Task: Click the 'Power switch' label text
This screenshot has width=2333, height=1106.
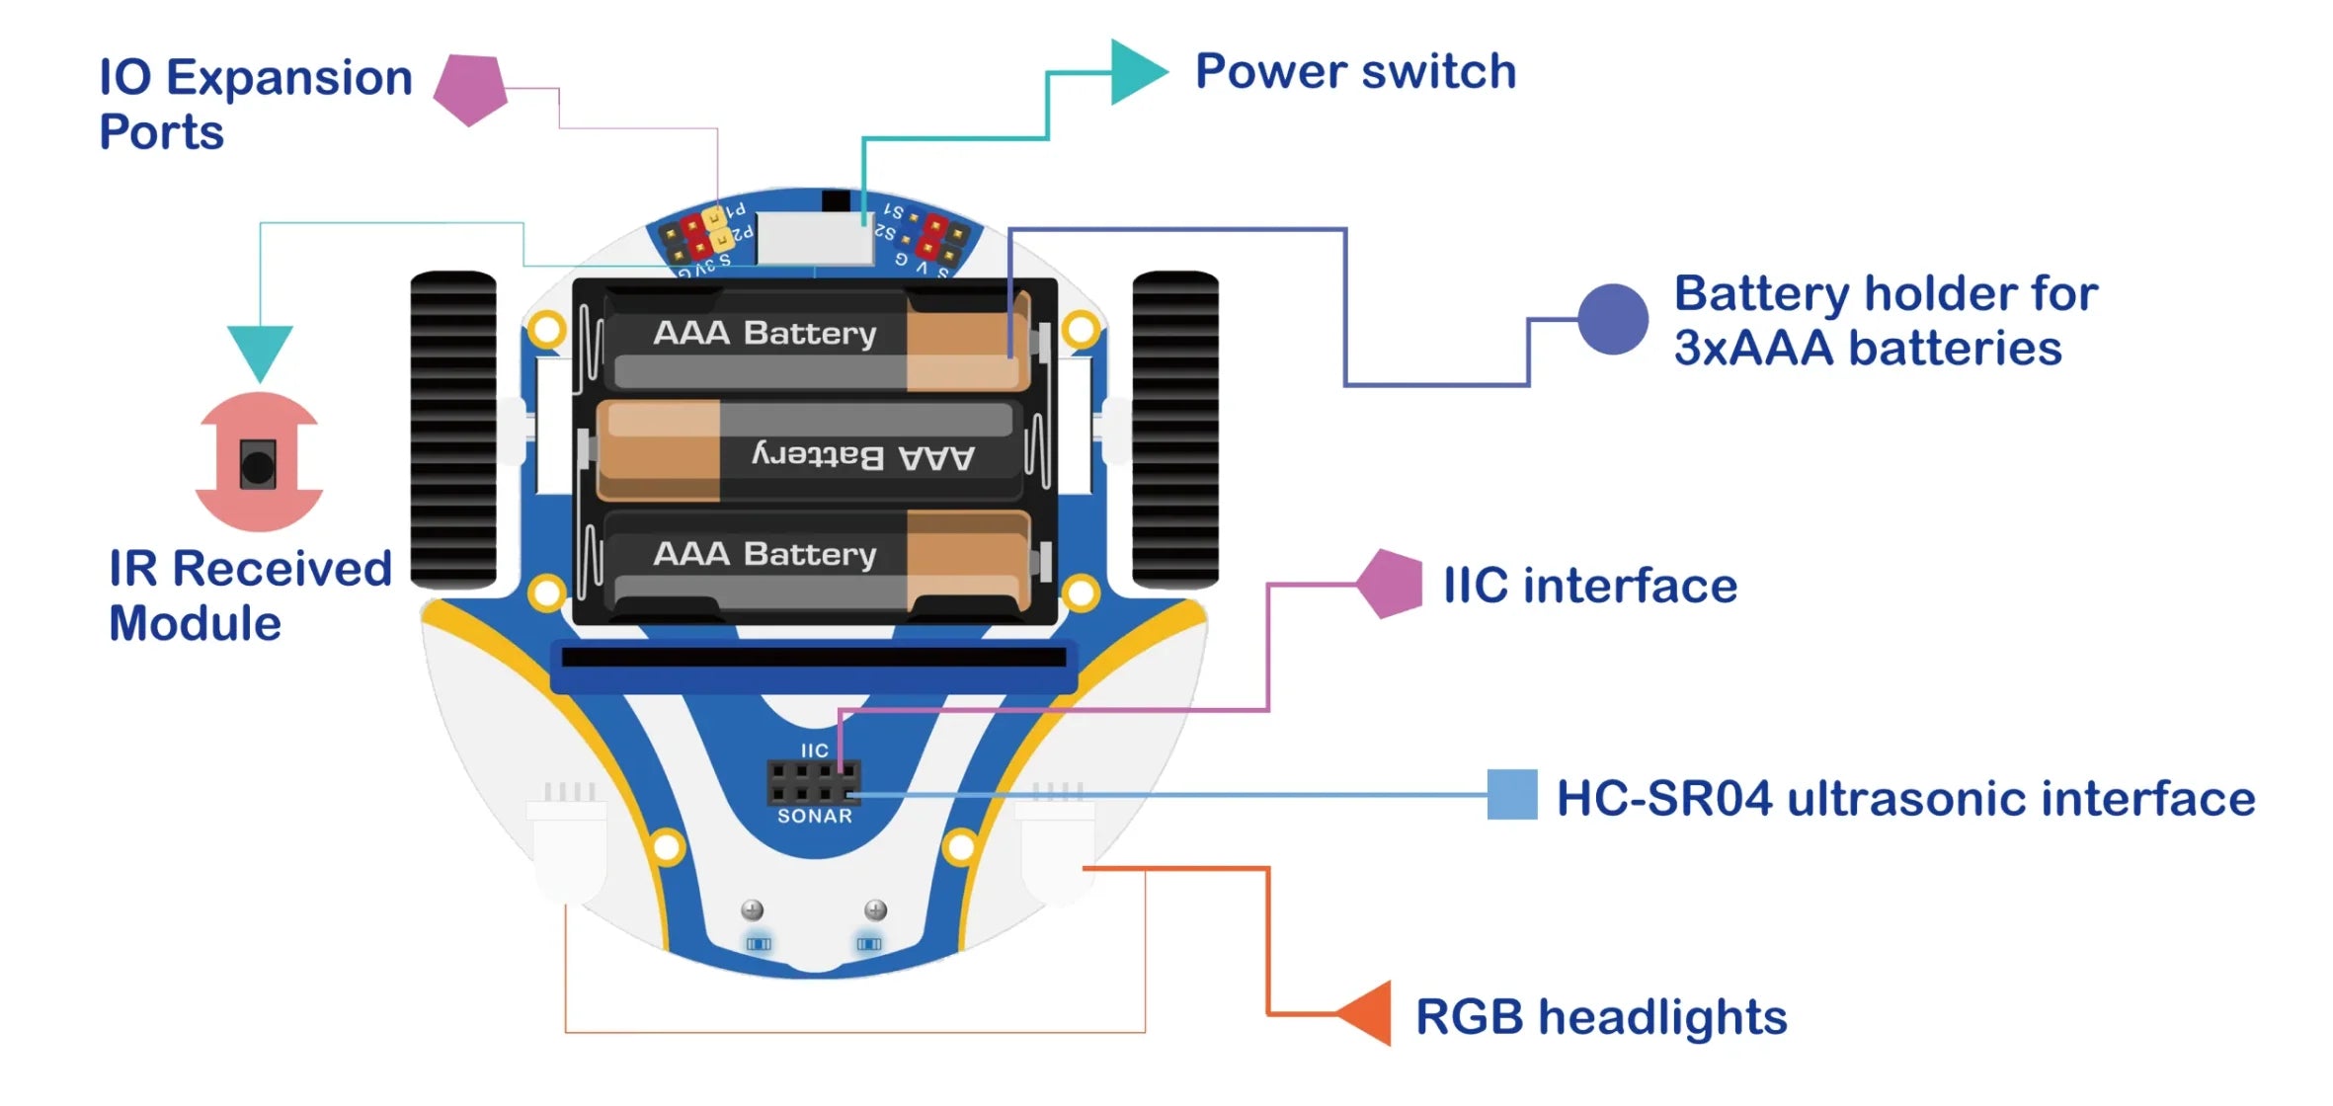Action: [x=1355, y=71]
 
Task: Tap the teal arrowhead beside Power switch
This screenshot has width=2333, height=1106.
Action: [x=1136, y=72]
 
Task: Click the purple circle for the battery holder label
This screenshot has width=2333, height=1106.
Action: [x=1612, y=319]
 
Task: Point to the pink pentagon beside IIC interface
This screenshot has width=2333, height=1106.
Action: [x=1390, y=584]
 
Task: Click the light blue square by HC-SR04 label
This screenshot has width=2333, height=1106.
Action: [x=1512, y=795]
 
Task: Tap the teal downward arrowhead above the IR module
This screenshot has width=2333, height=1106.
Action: [x=260, y=351]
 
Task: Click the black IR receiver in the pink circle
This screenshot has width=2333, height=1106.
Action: [x=258, y=464]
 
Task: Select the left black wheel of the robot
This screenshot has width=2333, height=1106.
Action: [x=453, y=430]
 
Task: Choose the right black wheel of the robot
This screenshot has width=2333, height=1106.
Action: [x=1174, y=430]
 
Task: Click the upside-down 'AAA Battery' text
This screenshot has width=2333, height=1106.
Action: [x=862, y=456]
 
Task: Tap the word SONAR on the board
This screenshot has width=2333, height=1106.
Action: [x=814, y=817]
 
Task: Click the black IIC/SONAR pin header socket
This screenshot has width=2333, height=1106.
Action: [x=813, y=782]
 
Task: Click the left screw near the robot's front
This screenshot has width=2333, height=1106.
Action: [x=753, y=909]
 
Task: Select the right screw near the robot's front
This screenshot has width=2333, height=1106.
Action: [x=875, y=909]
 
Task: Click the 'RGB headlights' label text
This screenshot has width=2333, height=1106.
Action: [x=1601, y=1017]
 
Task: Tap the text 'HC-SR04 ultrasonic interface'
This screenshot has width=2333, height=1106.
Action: [x=1905, y=798]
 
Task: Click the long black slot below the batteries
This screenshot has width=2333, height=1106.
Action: [x=814, y=657]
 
